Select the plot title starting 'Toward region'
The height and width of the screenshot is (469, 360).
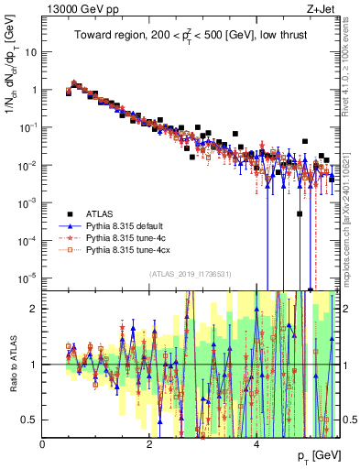[191, 37]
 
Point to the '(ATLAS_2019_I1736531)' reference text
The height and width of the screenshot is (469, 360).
[191, 274]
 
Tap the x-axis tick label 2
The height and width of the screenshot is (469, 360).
[149, 444]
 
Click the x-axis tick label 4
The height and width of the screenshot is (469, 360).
[256, 444]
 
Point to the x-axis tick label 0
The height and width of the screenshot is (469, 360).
[43, 444]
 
